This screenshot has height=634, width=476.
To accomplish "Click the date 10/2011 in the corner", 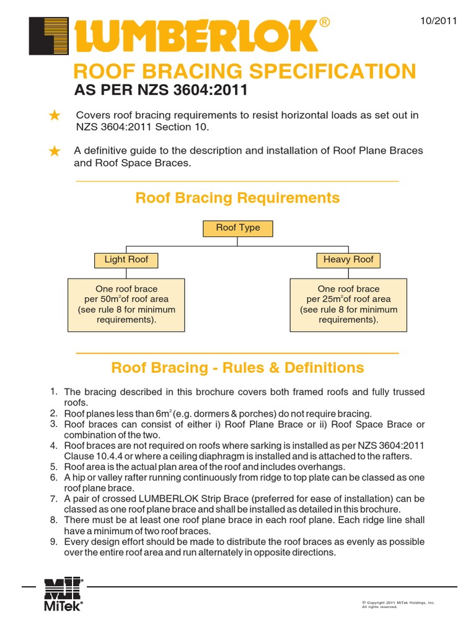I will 438,21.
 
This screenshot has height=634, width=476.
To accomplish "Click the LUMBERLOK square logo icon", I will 49,36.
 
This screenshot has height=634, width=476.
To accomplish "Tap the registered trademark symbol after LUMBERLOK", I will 324,23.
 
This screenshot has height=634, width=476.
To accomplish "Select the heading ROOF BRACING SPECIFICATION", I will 245,71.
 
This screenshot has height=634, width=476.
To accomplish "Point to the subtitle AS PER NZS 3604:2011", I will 161,90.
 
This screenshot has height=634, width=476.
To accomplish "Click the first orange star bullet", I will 55,115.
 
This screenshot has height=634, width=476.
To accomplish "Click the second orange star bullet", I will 55,151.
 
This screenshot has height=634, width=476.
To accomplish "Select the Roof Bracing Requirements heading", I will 237,198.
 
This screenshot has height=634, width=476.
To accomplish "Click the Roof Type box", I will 238,228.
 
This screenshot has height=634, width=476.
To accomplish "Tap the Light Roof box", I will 126,259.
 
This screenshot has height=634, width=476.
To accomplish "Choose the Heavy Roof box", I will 348,259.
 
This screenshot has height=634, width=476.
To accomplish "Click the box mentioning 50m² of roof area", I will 126,304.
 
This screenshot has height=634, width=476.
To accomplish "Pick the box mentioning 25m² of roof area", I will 348,304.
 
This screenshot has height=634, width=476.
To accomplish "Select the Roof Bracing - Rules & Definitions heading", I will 237,368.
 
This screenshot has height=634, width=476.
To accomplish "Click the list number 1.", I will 54,391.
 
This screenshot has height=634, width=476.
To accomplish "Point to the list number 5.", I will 54,467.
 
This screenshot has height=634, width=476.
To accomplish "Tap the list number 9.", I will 54,542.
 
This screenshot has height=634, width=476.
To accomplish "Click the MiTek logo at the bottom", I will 63,594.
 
